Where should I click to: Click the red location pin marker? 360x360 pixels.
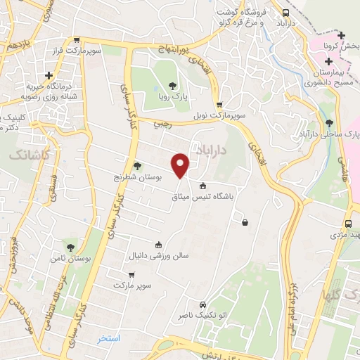click(x=181, y=165)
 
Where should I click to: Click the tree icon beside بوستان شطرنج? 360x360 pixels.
click(x=137, y=167)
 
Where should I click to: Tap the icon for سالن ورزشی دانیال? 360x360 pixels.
click(x=158, y=245)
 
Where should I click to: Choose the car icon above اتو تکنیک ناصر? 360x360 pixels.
click(x=202, y=305)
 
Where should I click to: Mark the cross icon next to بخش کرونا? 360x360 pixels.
click(x=341, y=35)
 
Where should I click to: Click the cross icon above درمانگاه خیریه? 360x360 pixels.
click(x=49, y=75)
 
